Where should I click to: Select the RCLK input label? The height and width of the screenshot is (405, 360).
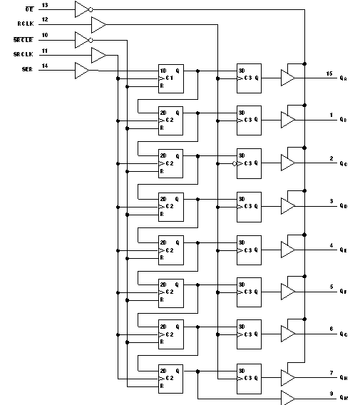tap(26, 24)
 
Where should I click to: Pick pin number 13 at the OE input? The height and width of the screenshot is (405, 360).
tap(45, 6)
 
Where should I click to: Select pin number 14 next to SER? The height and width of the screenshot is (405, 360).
tap(45, 66)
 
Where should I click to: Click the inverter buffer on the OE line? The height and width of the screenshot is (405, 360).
tap(83, 9)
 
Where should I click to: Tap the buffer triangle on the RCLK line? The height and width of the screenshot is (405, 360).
tap(98, 25)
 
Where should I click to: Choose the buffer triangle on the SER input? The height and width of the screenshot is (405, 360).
tap(82, 71)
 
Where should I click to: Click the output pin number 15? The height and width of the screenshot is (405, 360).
tap(329, 73)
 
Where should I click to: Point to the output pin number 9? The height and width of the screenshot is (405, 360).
tap(331, 393)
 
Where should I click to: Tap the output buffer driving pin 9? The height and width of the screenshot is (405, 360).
tap(288, 396)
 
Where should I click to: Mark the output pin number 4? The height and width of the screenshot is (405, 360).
tap(331, 245)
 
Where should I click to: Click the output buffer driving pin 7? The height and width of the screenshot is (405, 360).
tap(288, 377)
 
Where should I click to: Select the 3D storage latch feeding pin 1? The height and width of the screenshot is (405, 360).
tap(249, 120)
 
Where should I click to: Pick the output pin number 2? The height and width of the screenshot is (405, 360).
tap(331, 158)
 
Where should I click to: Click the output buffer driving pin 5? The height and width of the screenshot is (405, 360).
tap(288, 292)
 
